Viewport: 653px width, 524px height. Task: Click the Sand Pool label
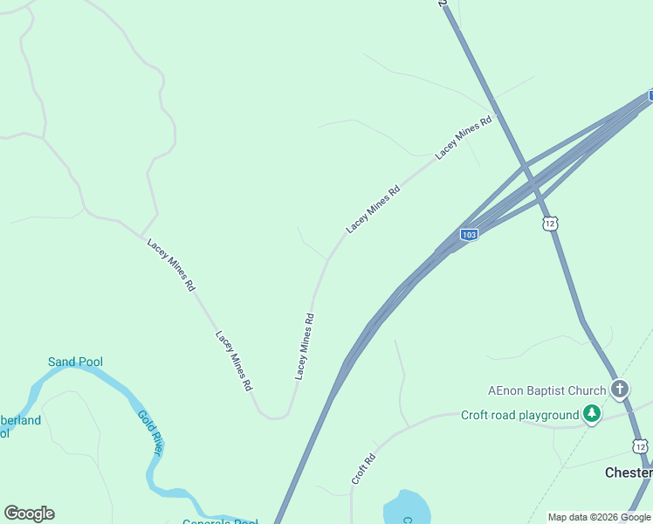75,362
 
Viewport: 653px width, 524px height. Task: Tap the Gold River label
150,431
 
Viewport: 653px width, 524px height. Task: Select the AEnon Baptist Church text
546,390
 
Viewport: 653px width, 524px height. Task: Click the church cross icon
620,389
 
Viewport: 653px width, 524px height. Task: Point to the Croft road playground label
519,415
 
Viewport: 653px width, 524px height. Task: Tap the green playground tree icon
593,414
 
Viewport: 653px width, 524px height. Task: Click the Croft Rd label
364,469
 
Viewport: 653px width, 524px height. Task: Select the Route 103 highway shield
469,235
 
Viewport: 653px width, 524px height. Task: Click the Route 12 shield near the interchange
549,224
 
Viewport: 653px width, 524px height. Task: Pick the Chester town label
629,472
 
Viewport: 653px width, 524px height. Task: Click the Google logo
29,514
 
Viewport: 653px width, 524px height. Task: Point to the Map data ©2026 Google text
599,517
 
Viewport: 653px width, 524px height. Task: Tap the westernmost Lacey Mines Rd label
172,265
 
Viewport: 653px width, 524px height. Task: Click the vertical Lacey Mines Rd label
304,346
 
